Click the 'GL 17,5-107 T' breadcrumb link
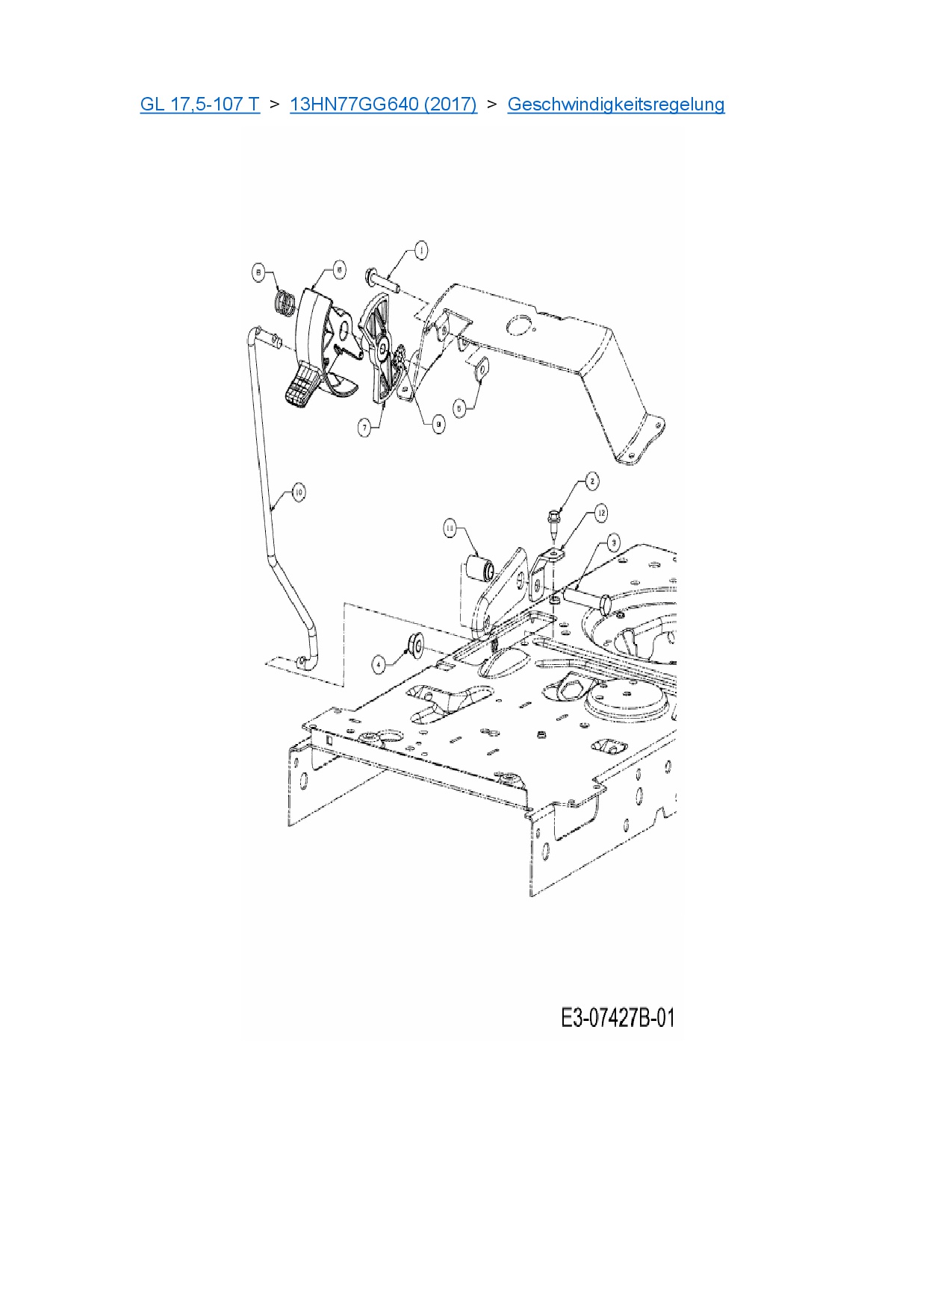(199, 104)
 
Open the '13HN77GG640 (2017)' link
(383, 104)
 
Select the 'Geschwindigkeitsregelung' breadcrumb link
(615, 104)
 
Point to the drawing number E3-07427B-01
(618, 1017)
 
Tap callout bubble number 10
(298, 492)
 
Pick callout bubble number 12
(600, 513)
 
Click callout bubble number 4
(379, 663)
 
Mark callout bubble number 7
(364, 428)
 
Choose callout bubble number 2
(591, 481)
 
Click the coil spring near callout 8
(284, 303)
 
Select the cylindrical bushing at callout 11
(478, 569)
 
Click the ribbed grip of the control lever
(303, 387)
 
